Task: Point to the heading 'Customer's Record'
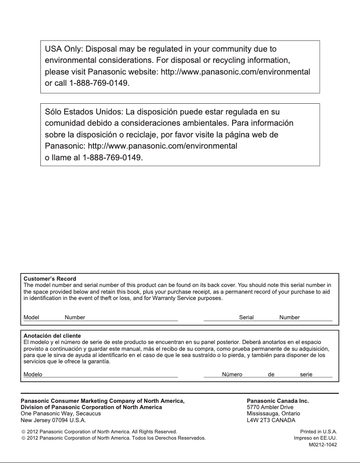tap(50, 279)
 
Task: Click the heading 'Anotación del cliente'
tap(52, 336)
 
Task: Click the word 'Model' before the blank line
tap(31, 317)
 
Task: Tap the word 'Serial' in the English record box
tap(246, 317)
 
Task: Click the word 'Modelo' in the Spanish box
tap(33, 375)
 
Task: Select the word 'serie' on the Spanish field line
tap(306, 375)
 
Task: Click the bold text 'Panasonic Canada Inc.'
tap(278, 401)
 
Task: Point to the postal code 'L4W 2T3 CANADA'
tap(268, 420)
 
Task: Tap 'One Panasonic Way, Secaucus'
tap(61, 414)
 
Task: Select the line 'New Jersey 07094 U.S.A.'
tap(53, 420)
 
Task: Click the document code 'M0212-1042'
tap(323, 445)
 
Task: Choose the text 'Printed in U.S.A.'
tap(319, 431)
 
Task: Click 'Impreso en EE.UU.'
tap(315, 438)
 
